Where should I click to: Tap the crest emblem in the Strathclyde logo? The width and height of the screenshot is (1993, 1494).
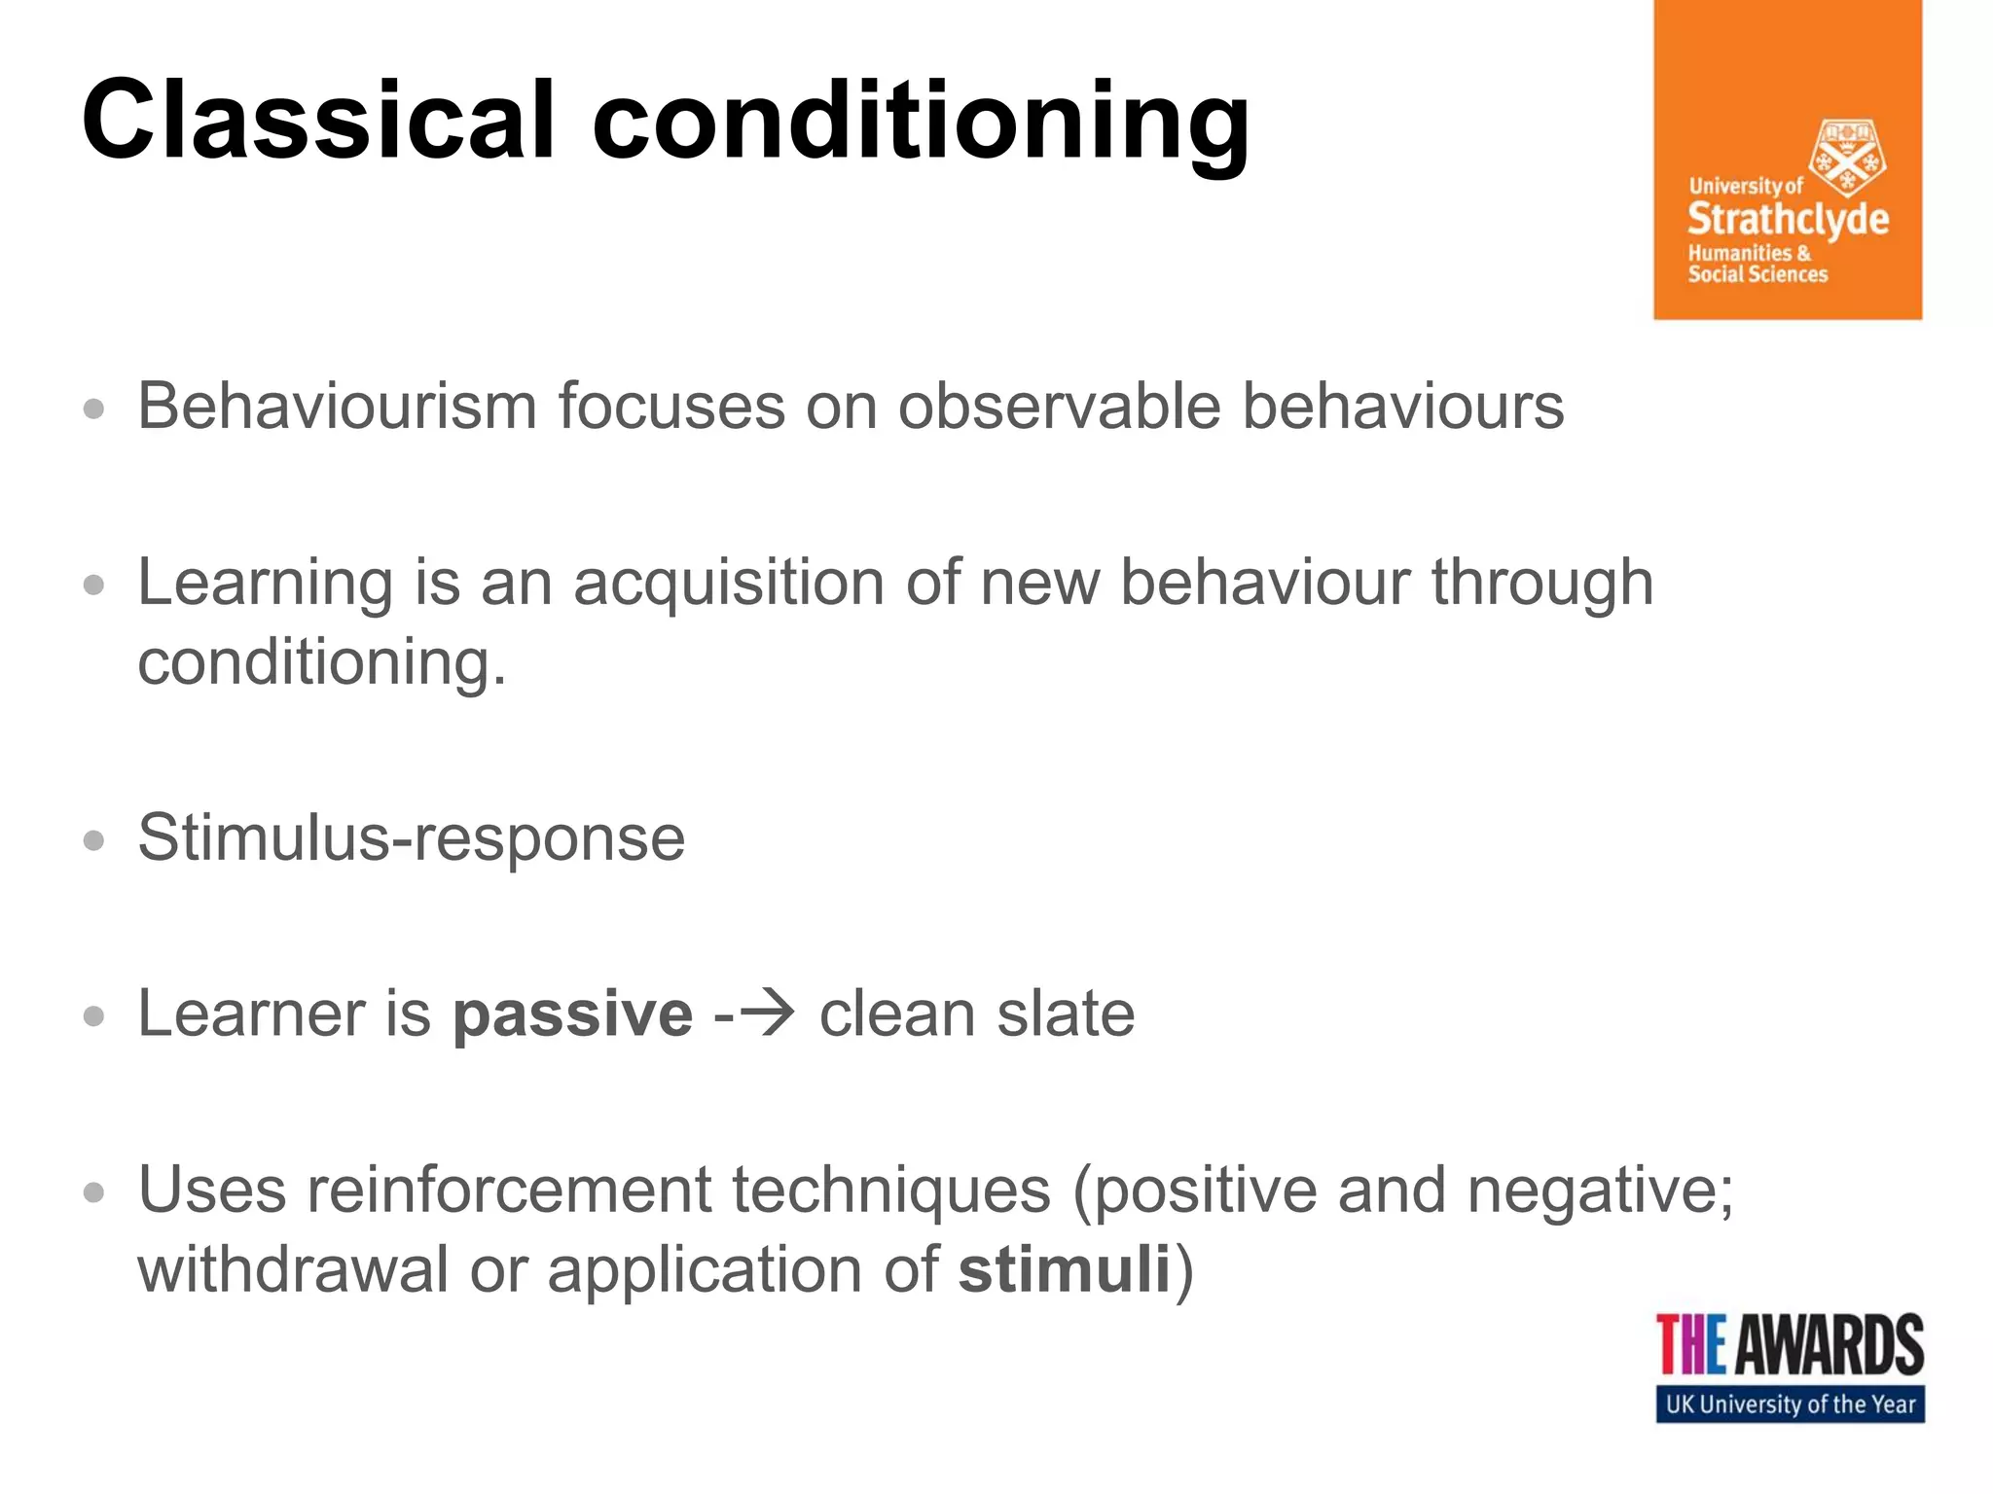coord(1846,158)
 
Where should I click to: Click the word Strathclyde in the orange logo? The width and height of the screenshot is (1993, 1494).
coord(1788,219)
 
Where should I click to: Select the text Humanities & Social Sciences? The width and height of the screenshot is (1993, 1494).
coord(1757,264)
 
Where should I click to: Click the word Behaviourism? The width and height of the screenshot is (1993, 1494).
coord(337,406)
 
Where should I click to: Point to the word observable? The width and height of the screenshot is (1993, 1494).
coord(1059,406)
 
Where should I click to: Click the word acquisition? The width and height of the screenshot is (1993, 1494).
coord(728,584)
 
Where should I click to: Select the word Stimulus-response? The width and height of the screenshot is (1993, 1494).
coord(412,837)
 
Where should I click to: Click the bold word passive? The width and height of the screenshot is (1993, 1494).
coord(573,1014)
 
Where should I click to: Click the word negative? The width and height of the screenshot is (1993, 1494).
coord(1600,1191)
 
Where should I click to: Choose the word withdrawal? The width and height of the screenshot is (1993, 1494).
coord(293,1269)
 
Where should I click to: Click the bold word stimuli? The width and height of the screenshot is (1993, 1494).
coord(1064,1269)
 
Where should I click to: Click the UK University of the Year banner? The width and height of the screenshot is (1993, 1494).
coord(1790,1405)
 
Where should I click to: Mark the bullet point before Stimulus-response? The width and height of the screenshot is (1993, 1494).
coord(93,840)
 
